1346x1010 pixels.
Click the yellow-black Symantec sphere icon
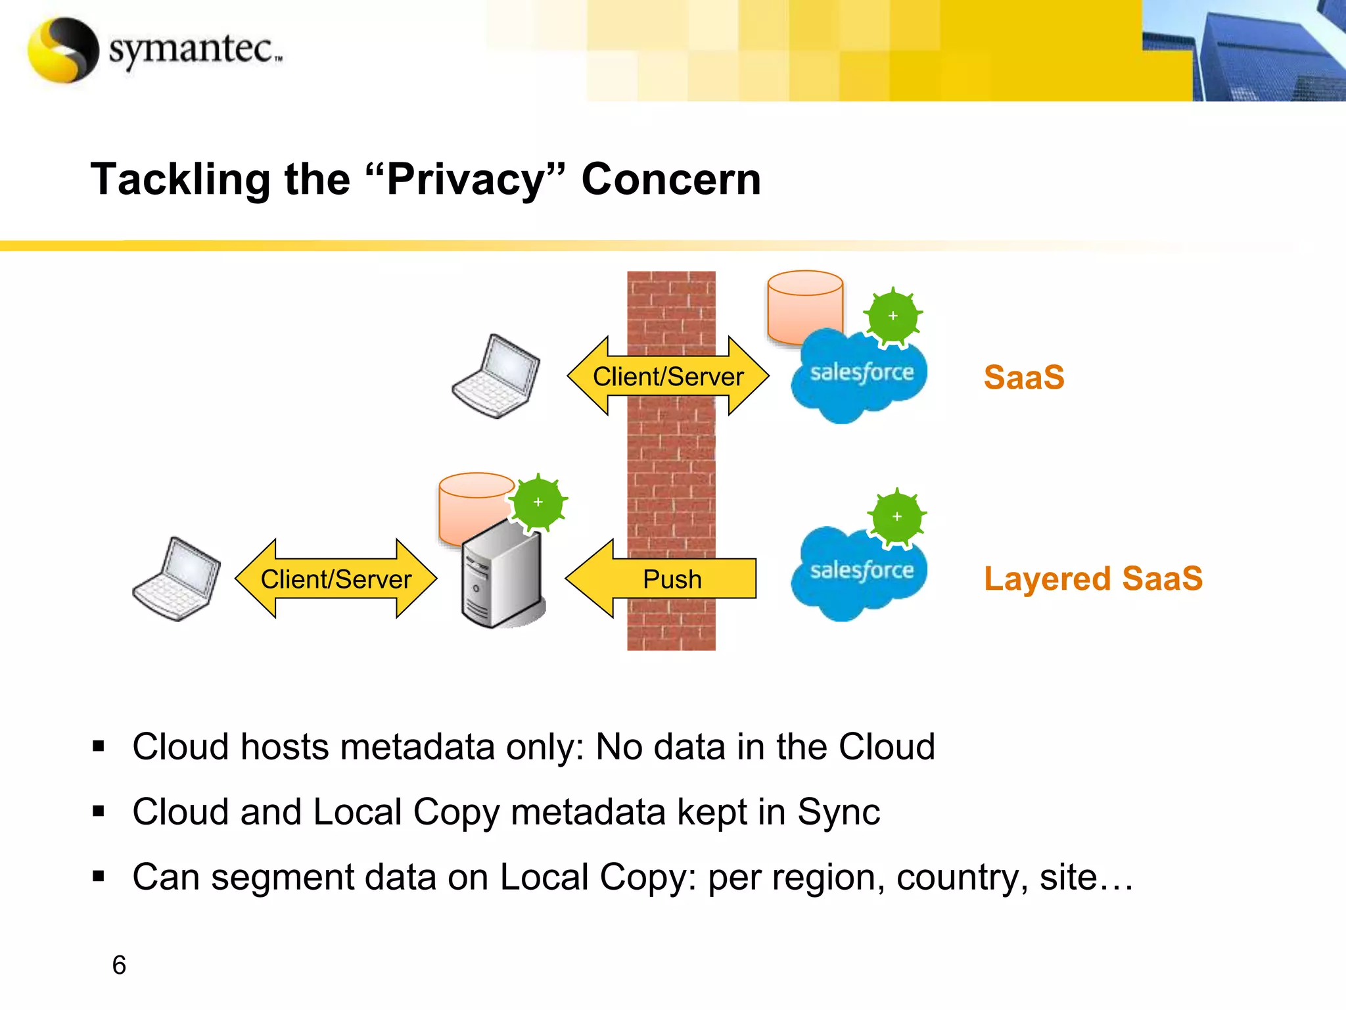63,50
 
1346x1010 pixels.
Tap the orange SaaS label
1023,377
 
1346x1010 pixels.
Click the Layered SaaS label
1092,579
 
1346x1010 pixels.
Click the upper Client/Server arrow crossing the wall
668,376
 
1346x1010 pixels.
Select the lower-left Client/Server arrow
336,579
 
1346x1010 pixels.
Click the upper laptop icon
497,376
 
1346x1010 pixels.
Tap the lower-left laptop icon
177,579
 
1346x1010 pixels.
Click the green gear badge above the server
538,503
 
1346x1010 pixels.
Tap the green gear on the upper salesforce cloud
893,316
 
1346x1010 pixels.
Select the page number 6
119,965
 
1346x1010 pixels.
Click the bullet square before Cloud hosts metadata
99,746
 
